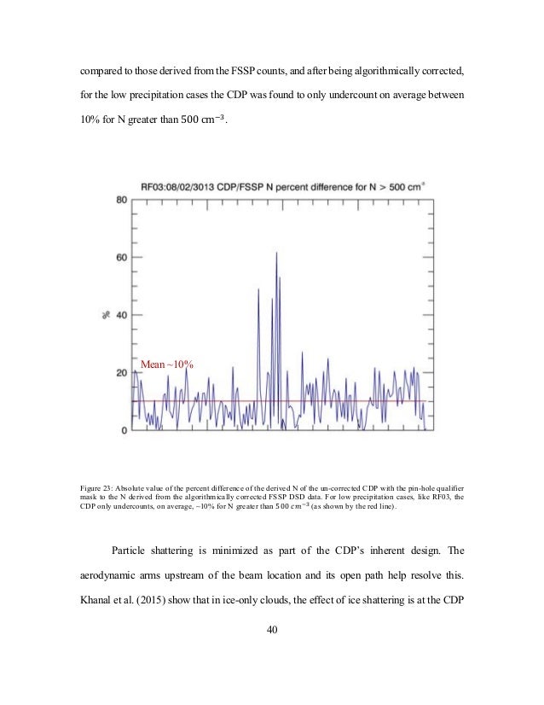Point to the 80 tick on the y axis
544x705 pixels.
pyautogui.click(x=122, y=199)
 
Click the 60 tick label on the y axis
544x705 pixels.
pyautogui.click(x=122, y=257)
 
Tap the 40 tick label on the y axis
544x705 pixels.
pyautogui.click(x=122, y=315)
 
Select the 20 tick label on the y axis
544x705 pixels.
pyautogui.click(x=122, y=373)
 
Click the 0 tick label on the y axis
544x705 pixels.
pyautogui.click(x=124, y=431)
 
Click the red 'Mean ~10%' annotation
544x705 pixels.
pyautogui.click(x=167, y=365)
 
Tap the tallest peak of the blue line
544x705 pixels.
pyautogui.click(x=277, y=253)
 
